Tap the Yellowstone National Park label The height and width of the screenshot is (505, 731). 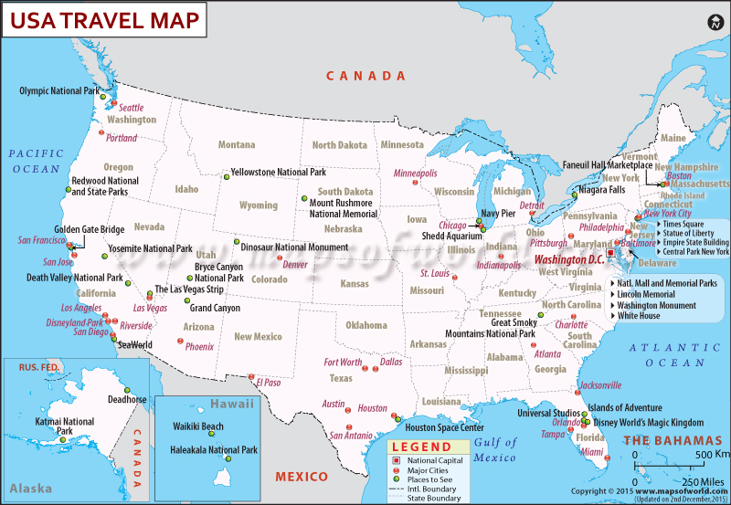point(278,172)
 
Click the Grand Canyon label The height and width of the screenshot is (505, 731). point(215,308)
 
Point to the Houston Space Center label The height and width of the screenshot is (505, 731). point(444,426)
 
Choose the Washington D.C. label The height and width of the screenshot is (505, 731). point(569,259)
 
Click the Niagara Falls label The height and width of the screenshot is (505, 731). point(601,190)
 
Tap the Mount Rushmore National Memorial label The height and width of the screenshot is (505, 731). point(343,208)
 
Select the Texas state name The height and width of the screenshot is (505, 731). point(341,378)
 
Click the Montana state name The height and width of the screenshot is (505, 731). point(237,144)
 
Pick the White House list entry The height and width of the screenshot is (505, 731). point(639,315)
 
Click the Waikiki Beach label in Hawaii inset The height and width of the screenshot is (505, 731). point(198,426)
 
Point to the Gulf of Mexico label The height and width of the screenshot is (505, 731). point(495,449)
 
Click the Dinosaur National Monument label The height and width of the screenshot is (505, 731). point(294,247)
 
